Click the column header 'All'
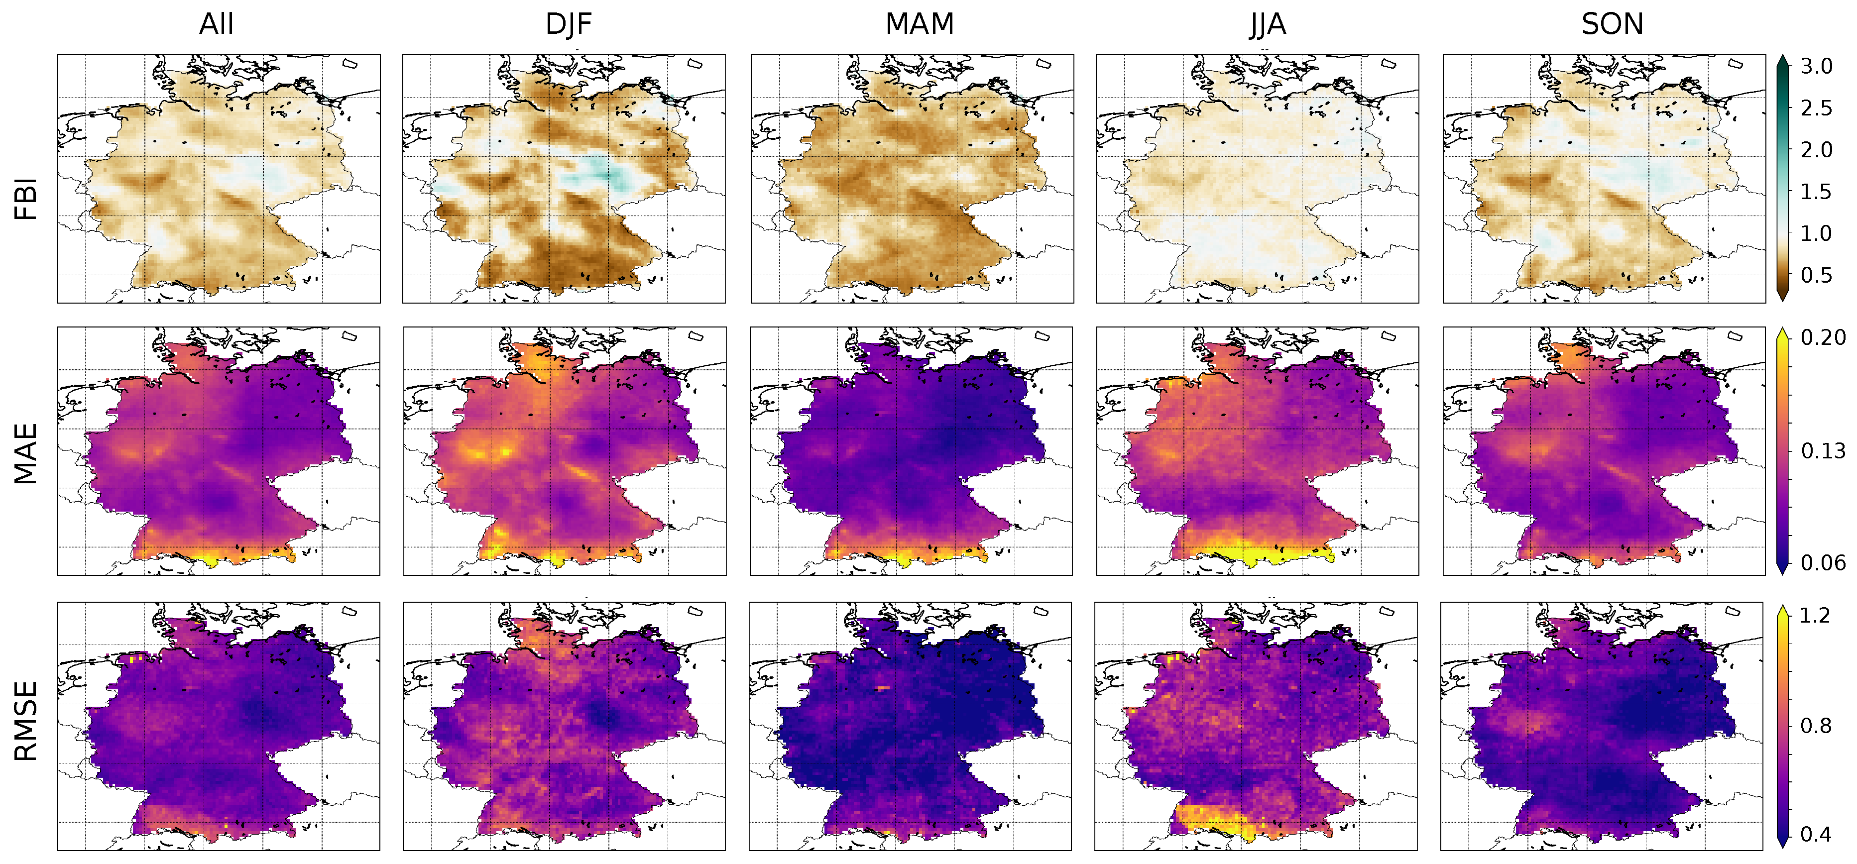[x=216, y=24]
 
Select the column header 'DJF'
[x=568, y=24]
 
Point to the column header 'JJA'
[x=1268, y=24]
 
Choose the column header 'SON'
[x=1612, y=24]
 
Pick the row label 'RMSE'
[x=26, y=721]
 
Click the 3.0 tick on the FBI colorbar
[x=1816, y=66]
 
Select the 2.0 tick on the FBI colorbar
[x=1816, y=150]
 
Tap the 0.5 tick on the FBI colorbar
[x=1816, y=275]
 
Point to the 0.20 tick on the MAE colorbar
[x=1822, y=337]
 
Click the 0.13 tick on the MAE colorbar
[x=1822, y=451]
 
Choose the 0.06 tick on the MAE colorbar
[x=1822, y=563]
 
